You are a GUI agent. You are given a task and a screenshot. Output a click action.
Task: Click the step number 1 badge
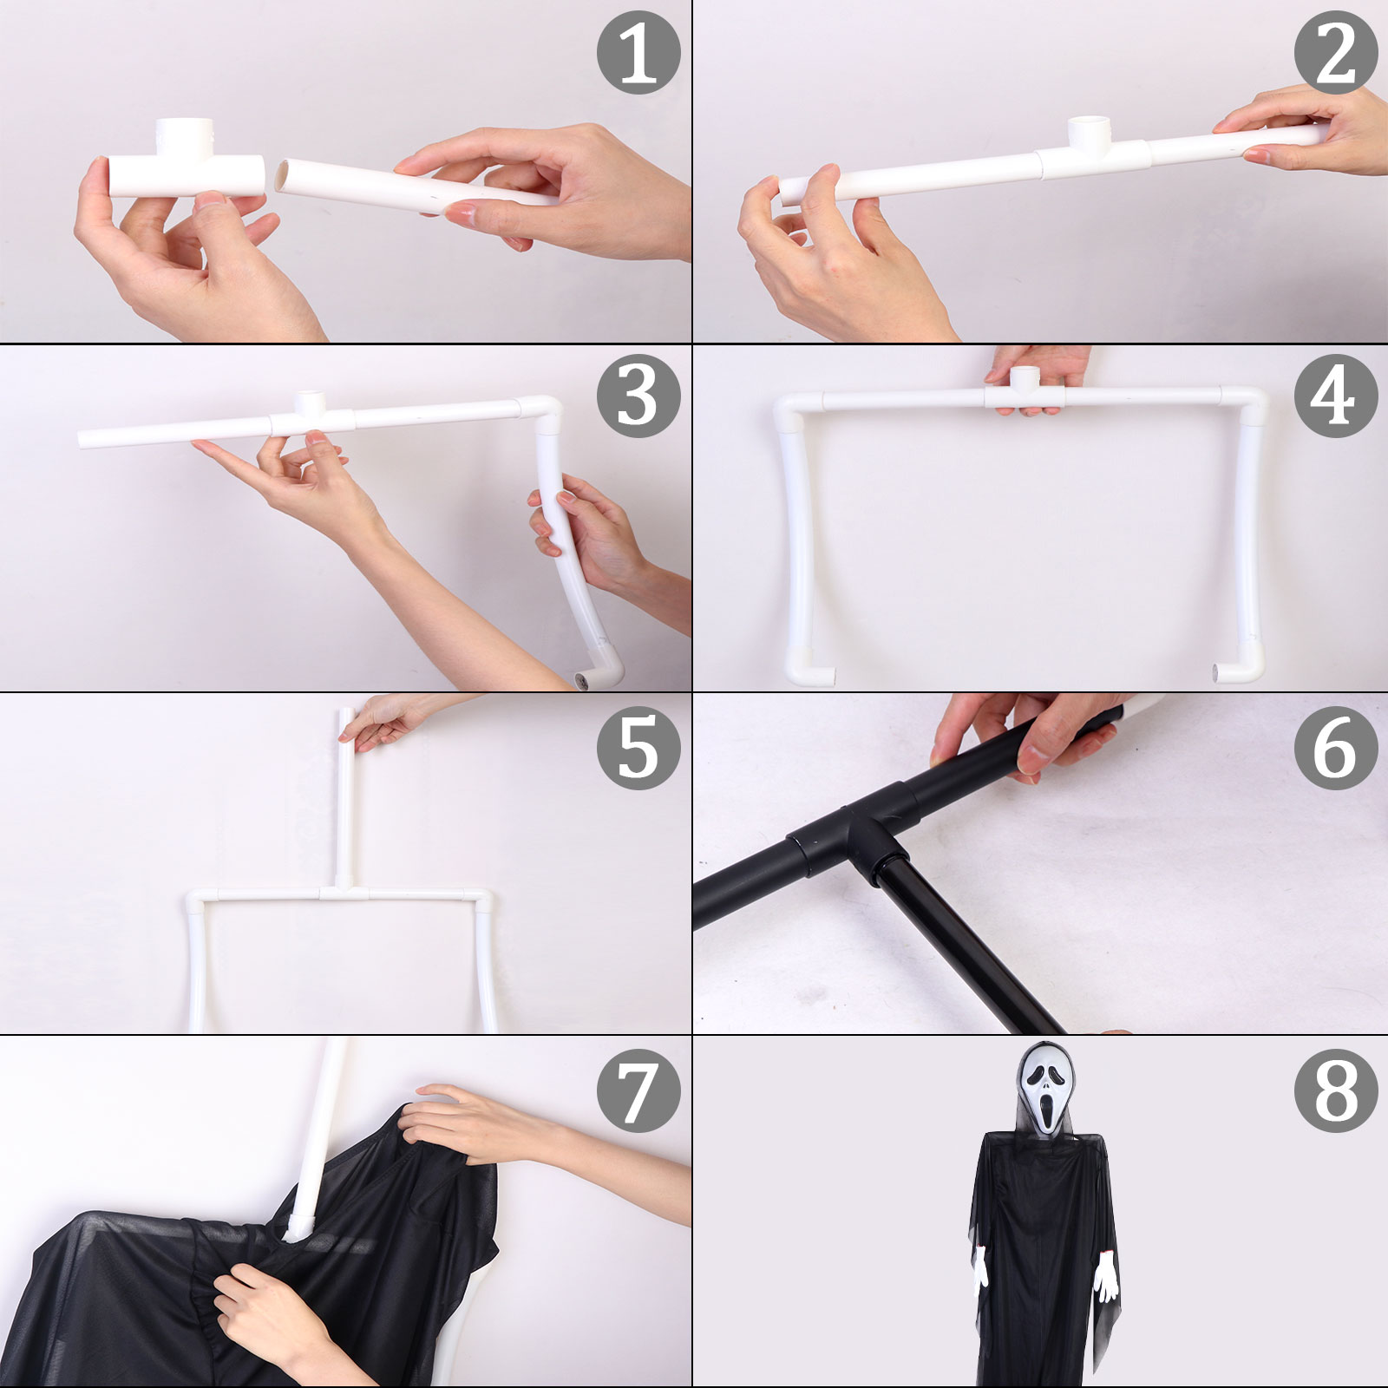(x=638, y=52)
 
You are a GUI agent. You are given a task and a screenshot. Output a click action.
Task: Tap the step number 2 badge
(x=1336, y=52)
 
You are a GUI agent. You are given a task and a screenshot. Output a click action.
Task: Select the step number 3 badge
(x=638, y=396)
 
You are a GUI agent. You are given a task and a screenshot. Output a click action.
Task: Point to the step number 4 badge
(x=1336, y=396)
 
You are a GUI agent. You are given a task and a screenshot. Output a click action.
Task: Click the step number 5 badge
(x=638, y=747)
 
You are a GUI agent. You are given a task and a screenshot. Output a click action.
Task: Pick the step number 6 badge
(x=1336, y=747)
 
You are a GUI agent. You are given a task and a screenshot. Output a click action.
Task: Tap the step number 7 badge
(x=638, y=1090)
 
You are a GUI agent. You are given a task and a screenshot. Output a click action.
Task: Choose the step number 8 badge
(x=1336, y=1090)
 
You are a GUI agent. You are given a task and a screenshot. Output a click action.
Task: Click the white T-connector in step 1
(x=187, y=165)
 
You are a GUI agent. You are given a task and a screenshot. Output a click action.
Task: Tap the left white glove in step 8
(x=981, y=1267)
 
